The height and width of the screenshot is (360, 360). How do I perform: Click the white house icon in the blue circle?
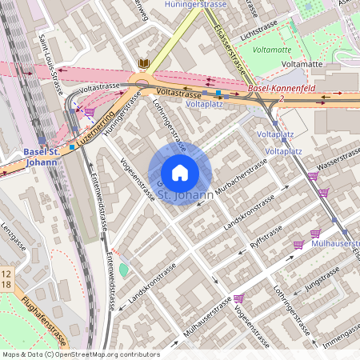coord(179,172)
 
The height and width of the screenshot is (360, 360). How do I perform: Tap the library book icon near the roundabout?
coord(144,63)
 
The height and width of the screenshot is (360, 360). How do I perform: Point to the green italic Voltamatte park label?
coord(271,50)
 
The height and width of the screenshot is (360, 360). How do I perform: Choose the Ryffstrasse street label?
coord(266,234)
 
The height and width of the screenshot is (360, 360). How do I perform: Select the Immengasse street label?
coord(339,342)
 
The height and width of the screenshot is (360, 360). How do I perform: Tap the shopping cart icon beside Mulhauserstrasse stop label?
coord(298,244)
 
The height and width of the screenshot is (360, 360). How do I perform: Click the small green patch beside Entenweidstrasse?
coord(123,270)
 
